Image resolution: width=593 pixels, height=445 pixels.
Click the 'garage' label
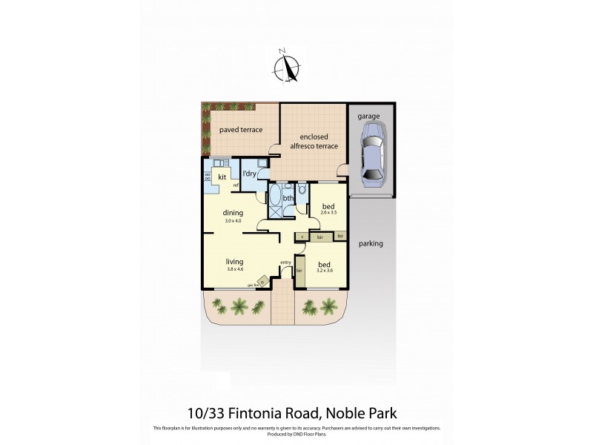368,117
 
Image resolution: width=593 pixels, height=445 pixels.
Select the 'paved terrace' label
240,130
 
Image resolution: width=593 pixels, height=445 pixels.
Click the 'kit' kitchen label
222,177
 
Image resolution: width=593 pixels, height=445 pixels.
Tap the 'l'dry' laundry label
250,174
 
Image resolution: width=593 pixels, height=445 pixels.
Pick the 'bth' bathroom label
288,198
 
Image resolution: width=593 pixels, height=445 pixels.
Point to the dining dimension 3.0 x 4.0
234,220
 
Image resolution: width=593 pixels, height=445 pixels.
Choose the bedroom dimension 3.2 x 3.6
324,270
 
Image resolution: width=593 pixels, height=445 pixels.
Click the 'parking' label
371,243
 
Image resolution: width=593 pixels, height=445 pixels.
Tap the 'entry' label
285,263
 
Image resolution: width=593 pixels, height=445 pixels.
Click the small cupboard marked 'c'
302,237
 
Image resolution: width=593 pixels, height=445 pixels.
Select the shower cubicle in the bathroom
275,211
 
